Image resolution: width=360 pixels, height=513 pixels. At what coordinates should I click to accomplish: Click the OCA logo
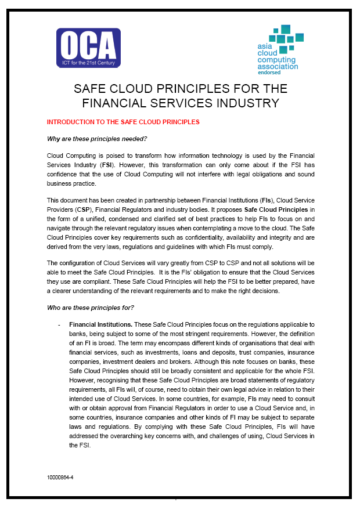coord(88,47)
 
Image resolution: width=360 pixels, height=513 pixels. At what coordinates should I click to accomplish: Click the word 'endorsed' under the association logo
coord(269,73)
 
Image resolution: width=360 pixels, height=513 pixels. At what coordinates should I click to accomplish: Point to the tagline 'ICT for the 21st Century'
coord(88,60)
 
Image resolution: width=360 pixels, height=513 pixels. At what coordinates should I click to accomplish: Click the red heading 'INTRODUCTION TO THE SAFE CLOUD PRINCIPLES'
coord(123,122)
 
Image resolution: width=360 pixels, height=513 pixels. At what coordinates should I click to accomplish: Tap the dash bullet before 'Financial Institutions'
coord(59,324)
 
